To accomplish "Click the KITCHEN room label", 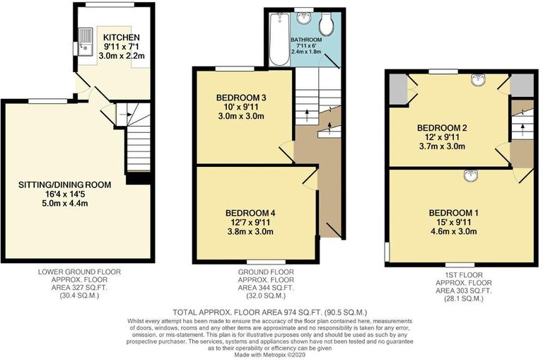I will click(121, 37).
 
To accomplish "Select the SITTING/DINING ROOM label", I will click(66, 185).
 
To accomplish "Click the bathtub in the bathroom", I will click(278, 39).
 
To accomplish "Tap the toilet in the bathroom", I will click(326, 25).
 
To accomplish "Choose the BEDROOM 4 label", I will click(250, 213).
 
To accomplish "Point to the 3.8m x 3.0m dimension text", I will click(250, 232).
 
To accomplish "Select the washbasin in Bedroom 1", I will click(468, 175).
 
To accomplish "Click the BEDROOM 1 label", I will click(453, 212).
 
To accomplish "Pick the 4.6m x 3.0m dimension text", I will click(453, 231).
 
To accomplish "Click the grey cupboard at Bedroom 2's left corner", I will click(397, 88).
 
